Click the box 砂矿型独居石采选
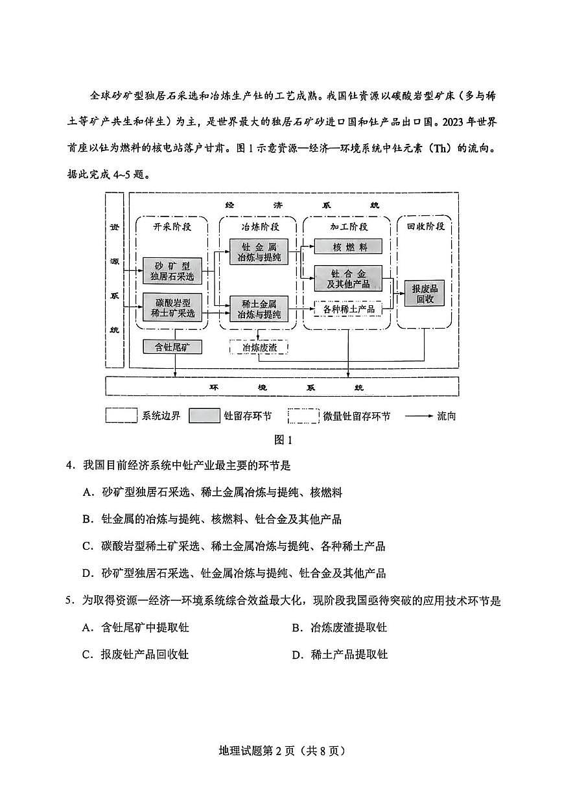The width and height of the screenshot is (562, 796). point(172,271)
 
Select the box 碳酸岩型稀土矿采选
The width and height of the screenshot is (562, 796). point(172,307)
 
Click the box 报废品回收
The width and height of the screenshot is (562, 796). point(425,294)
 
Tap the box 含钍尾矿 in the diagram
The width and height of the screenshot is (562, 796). point(172,347)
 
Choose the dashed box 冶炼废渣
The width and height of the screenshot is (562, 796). point(259,347)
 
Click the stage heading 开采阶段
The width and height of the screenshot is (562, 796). point(171,227)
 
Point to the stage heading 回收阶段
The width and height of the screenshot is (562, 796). point(425,227)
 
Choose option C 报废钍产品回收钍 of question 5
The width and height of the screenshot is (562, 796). point(135,655)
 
